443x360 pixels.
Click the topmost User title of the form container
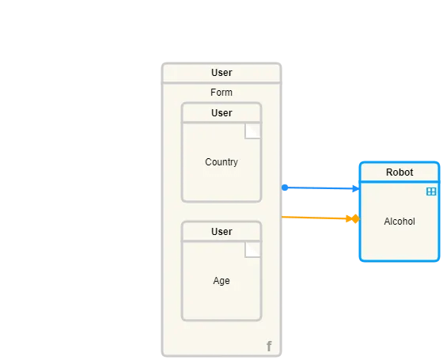coord(221,73)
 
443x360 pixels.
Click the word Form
coord(221,93)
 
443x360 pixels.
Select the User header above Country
coord(221,113)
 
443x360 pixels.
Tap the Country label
coord(221,162)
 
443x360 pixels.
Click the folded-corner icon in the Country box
coord(252,131)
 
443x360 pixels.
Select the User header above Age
coord(221,232)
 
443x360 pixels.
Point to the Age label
coord(221,281)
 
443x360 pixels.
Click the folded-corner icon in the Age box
coord(252,250)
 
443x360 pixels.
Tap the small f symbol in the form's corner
coord(269,347)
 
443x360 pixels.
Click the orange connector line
coord(312,217)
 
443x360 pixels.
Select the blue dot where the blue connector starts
coord(284,188)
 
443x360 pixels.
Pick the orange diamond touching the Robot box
coord(355,218)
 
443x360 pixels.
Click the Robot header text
coord(399,172)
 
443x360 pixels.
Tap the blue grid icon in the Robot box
coord(431,191)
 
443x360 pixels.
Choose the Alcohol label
coord(399,222)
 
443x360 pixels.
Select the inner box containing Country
coord(221,178)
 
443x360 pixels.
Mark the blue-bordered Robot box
coord(399,241)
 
